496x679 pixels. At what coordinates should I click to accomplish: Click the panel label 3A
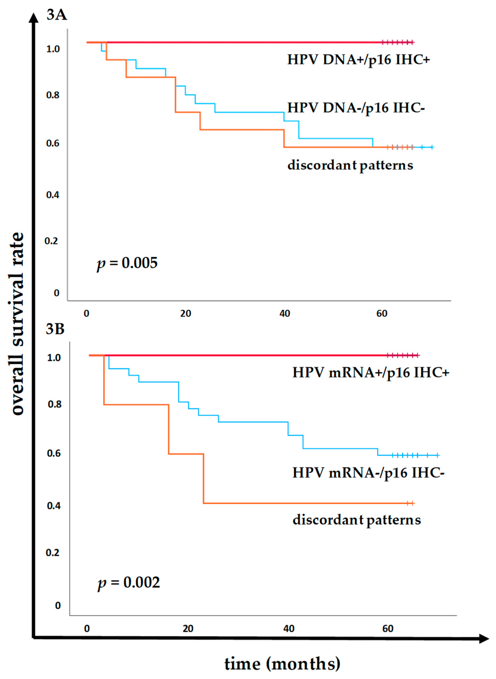click(57, 15)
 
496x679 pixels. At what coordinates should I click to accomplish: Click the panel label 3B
click(55, 329)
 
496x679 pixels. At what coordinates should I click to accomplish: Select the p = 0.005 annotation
click(127, 263)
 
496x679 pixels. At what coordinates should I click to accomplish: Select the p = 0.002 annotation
click(129, 583)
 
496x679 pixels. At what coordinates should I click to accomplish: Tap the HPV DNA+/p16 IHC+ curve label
click(358, 60)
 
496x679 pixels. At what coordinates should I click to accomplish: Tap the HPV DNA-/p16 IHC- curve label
click(356, 108)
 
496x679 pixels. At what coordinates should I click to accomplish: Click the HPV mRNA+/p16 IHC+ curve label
click(371, 373)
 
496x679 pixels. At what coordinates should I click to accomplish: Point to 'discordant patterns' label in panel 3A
click(350, 166)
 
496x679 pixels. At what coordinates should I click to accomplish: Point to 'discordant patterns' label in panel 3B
click(357, 520)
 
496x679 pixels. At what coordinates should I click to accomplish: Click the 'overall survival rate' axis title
click(18, 324)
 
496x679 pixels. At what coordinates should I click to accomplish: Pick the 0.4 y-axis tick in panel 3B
click(54, 506)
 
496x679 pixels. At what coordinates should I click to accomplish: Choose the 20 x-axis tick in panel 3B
click(188, 628)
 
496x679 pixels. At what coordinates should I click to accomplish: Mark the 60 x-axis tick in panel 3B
click(388, 628)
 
